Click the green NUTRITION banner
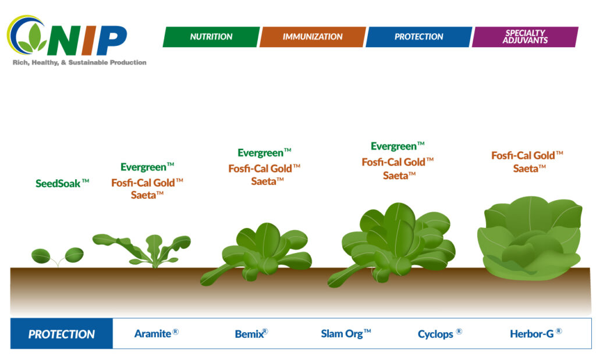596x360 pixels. coord(211,37)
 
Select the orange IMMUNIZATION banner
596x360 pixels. coord(313,37)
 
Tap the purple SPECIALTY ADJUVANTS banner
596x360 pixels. coord(525,37)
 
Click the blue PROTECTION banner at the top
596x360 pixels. coord(418,37)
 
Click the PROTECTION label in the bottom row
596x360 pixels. coord(62,334)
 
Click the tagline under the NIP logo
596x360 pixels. coord(79,62)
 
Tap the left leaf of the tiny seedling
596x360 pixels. coord(41,256)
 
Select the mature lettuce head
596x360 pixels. coord(530,238)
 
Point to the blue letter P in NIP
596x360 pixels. coord(112,41)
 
